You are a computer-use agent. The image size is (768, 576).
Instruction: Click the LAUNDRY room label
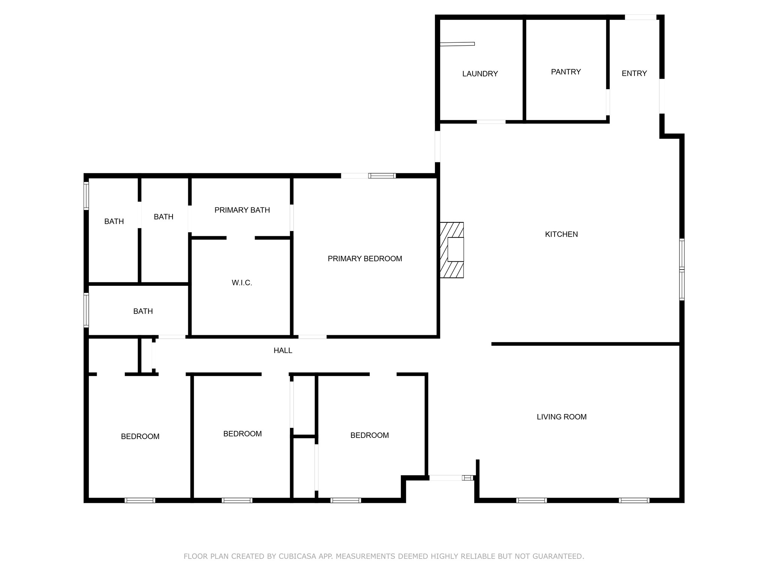click(x=480, y=74)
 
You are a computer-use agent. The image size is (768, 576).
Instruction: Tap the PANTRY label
click(x=565, y=72)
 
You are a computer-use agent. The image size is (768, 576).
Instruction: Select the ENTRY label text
click(x=634, y=73)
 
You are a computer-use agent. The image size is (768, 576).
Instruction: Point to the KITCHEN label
click(x=561, y=234)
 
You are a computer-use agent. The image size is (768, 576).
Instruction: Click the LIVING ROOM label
click(x=561, y=417)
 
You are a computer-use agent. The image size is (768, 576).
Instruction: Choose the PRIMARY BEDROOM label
click(x=364, y=259)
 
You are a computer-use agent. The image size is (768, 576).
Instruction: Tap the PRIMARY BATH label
click(x=242, y=210)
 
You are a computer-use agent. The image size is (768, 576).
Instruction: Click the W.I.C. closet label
click(x=242, y=283)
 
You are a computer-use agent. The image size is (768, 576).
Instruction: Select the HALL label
click(x=283, y=350)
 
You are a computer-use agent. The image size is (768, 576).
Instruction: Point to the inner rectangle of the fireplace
click(x=456, y=249)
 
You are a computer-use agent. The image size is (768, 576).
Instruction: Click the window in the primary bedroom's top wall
click(x=382, y=176)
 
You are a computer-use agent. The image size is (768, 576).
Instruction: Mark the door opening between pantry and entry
click(x=607, y=102)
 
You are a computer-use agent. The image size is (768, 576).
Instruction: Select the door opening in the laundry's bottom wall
click(x=491, y=122)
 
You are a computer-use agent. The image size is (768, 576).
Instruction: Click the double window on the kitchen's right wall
click(x=682, y=270)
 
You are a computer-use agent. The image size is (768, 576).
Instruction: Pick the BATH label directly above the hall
click(x=143, y=311)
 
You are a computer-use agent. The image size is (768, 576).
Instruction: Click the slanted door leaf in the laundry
click(x=457, y=44)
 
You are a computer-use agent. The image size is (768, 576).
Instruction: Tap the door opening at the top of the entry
click(x=640, y=17)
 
